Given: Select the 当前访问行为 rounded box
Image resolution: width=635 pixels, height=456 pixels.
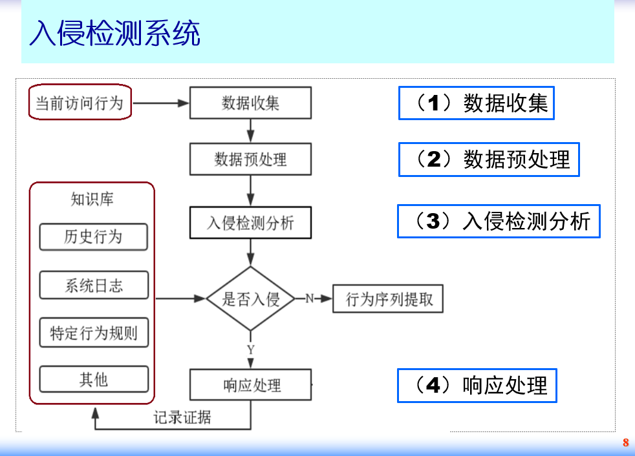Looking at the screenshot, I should click(x=80, y=103).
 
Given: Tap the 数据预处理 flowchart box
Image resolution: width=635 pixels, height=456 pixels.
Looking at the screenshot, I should click(x=250, y=159).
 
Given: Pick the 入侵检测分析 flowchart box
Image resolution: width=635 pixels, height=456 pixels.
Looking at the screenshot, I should click(x=250, y=223).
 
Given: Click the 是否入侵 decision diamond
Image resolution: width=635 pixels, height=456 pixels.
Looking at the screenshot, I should click(x=250, y=299).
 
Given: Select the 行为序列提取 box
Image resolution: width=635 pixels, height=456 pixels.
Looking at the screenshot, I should click(x=388, y=300).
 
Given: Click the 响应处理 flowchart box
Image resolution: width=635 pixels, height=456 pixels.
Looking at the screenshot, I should click(x=250, y=386).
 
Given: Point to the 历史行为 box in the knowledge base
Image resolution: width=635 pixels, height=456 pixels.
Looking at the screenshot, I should click(x=93, y=237).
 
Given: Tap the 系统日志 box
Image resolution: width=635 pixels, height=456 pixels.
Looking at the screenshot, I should click(x=93, y=285).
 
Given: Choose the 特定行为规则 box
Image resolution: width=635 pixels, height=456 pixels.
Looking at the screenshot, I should click(x=93, y=333).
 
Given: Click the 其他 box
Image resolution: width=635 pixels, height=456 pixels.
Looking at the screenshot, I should click(x=93, y=380).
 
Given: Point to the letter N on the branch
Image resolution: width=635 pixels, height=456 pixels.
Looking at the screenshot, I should click(x=309, y=298).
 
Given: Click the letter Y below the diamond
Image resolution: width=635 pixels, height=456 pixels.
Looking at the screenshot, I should click(x=251, y=349).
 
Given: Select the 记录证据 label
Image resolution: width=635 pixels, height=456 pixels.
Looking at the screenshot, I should click(x=182, y=417).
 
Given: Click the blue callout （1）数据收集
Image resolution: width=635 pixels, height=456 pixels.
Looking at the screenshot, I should click(x=476, y=103).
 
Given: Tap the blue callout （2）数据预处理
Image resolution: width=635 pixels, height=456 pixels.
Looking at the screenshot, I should click(x=488, y=160).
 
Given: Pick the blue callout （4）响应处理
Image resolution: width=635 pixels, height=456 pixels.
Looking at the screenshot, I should click(x=477, y=386).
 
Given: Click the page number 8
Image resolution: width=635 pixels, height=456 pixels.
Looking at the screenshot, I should click(x=625, y=443).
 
